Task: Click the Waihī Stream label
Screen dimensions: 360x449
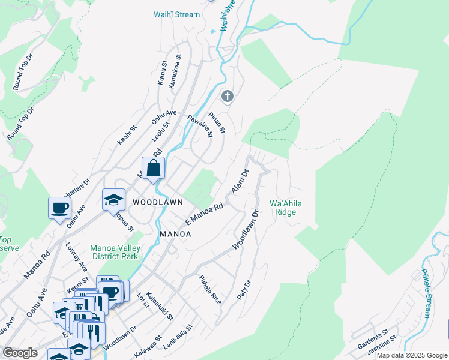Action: [x=176, y=14]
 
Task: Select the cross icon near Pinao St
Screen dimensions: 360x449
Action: [x=227, y=96]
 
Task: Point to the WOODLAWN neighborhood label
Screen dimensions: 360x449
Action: [x=158, y=203]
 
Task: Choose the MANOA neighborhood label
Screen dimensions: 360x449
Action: [x=175, y=234]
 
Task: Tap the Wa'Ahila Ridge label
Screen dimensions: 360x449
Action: [x=286, y=208]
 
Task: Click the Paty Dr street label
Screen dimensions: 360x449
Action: [x=243, y=289]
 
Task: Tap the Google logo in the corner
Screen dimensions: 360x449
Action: [x=20, y=353]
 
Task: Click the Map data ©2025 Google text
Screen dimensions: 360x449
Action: [x=411, y=355]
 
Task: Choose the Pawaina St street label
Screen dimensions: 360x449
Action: [x=200, y=126]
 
